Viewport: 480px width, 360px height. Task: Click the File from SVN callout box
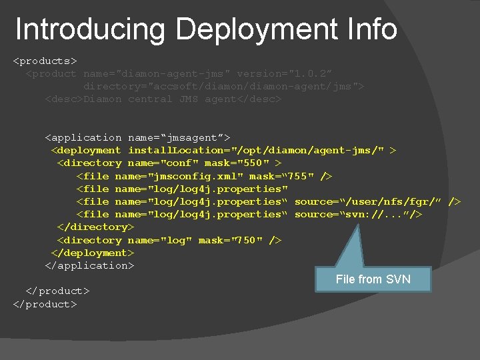pyautogui.click(x=373, y=279)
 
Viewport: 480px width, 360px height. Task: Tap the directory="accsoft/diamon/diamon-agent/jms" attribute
pyautogui.click(x=223, y=86)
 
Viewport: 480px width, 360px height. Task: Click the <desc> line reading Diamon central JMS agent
pyautogui.click(x=163, y=99)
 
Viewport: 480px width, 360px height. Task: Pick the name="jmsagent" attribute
pyautogui.click(x=179, y=137)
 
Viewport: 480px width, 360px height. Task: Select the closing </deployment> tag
pyautogui.click(x=93, y=253)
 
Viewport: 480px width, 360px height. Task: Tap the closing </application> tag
pyautogui.click(x=89, y=265)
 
